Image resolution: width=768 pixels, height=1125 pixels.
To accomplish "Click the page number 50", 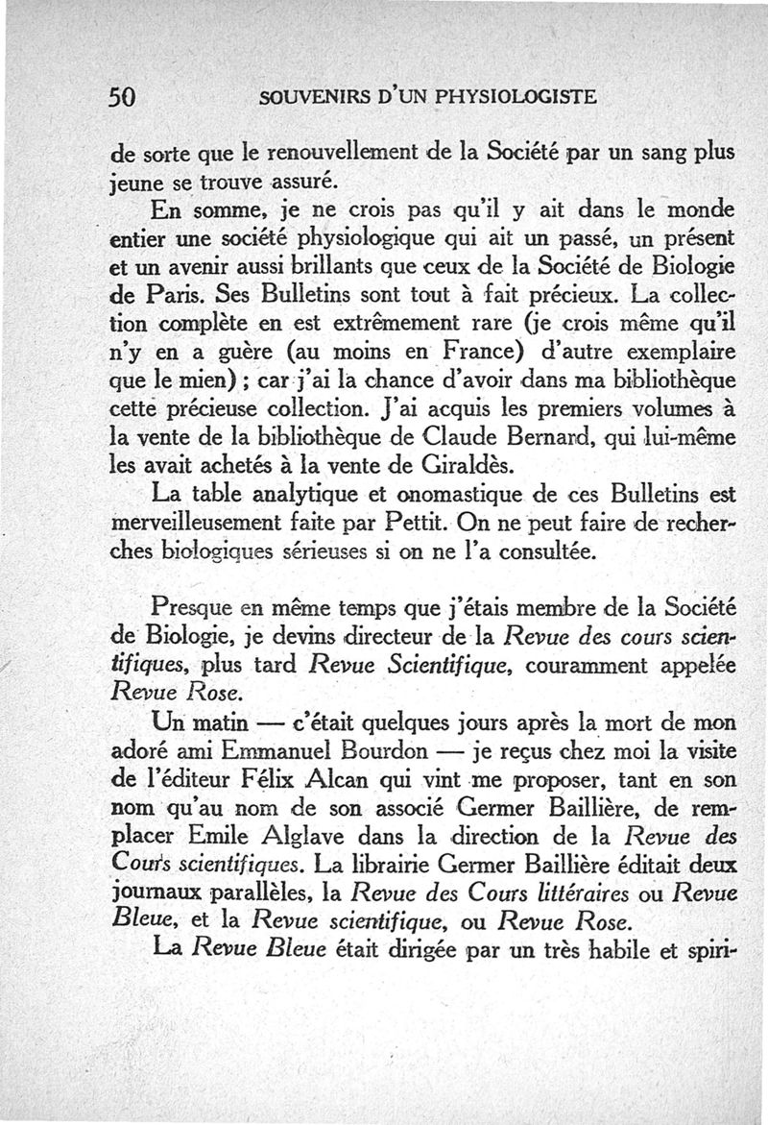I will pos(126,96).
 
